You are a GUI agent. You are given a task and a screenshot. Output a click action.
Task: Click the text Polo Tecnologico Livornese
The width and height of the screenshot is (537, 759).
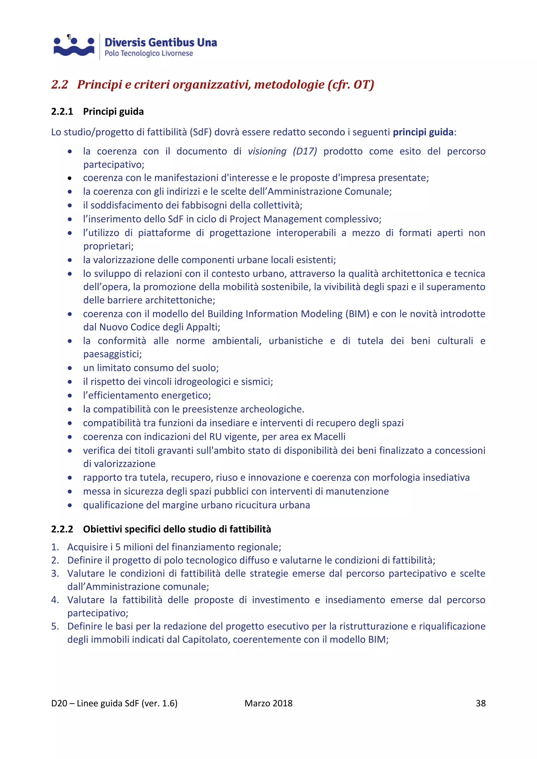[x=148, y=53]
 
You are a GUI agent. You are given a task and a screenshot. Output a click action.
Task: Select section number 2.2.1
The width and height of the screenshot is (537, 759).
[x=62, y=112]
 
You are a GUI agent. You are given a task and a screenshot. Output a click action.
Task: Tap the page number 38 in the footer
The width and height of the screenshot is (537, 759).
[x=480, y=703]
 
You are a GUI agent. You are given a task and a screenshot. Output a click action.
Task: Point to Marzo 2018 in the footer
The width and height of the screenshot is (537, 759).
[x=268, y=703]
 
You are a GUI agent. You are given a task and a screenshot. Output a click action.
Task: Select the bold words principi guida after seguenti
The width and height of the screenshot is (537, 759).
[x=423, y=132]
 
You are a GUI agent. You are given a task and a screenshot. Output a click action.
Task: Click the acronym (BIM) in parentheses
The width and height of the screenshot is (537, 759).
[x=357, y=314]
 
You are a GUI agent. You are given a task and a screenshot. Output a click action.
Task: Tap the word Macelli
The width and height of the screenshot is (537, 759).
[x=329, y=437]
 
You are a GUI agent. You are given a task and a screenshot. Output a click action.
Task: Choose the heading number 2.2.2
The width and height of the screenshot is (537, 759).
[x=62, y=529]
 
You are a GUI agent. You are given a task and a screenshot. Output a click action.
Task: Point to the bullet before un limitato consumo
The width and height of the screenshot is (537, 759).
[x=70, y=368]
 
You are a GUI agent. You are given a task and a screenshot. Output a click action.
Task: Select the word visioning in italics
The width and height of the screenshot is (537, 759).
[x=267, y=151]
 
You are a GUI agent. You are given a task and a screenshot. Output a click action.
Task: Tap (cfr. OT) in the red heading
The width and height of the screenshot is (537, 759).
[x=351, y=85]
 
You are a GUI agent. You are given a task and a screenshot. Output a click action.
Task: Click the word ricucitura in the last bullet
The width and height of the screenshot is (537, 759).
[x=256, y=505]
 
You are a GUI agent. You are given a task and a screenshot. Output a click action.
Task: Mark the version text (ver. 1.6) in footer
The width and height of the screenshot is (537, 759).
[x=159, y=703]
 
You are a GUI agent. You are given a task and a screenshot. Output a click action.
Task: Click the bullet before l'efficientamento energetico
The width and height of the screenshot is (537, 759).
[x=70, y=396]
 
